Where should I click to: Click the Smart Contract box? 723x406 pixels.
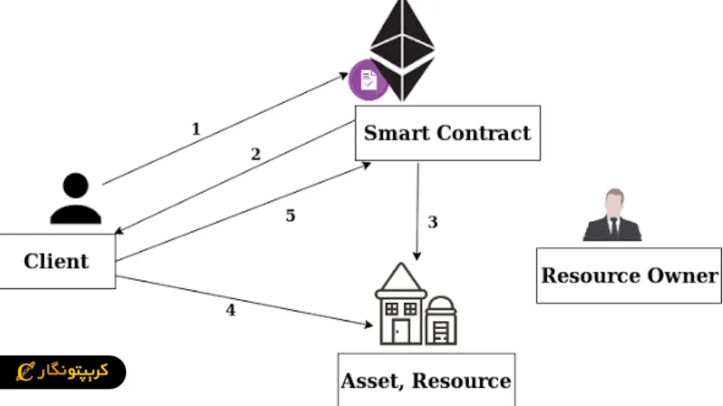click(x=448, y=133)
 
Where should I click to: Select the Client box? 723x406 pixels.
click(x=56, y=261)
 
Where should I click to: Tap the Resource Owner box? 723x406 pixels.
click(x=629, y=275)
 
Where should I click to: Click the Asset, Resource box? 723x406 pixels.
click(x=426, y=380)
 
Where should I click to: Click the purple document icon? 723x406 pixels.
click(x=368, y=80)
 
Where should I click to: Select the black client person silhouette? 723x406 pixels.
click(x=75, y=199)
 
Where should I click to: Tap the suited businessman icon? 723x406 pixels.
click(x=612, y=217)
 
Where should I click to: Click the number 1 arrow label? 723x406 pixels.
click(x=195, y=128)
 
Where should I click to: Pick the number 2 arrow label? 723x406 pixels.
click(x=255, y=154)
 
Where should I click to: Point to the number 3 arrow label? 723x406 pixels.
click(x=432, y=222)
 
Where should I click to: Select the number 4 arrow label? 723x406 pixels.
click(x=230, y=310)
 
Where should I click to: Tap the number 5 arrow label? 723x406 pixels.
click(x=290, y=216)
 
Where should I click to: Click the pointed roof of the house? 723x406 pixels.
click(x=401, y=277)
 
